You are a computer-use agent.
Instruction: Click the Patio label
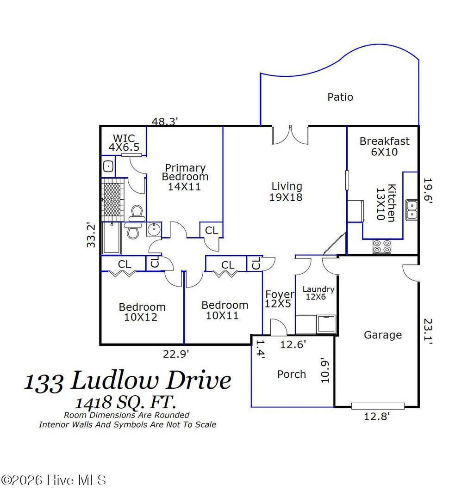tap(340, 97)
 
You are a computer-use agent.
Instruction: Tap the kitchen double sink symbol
tap(412, 209)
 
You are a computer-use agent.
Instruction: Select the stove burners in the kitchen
tap(382, 246)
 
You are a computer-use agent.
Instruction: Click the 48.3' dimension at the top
tap(165, 122)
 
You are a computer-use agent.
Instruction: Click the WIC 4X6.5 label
tap(124, 143)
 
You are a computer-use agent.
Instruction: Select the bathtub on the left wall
tap(112, 238)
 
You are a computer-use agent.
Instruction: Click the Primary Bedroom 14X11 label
tap(185, 177)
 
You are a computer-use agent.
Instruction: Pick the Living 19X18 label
tap(287, 192)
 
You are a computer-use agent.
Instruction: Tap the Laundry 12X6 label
tap(318, 293)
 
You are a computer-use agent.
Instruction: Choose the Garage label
tap(382, 335)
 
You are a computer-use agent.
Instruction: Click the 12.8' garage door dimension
tap(377, 417)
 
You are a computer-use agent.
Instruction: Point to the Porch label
tap(292, 374)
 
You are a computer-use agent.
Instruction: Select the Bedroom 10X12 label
tap(142, 312)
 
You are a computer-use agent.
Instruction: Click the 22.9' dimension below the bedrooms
tap(176, 354)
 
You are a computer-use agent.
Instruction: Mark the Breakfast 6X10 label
tap(384, 146)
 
